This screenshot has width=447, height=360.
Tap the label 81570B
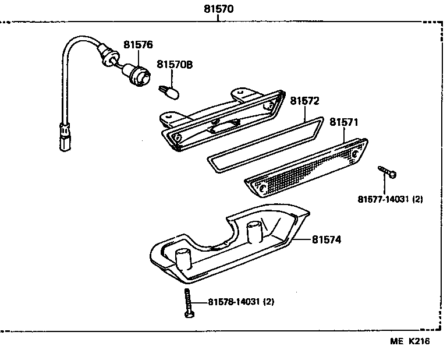pos(176,65)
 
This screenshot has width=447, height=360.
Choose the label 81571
pos(343,122)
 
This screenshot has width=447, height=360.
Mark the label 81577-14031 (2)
pos(390,199)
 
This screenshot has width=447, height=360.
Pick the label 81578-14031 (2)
pos(240,302)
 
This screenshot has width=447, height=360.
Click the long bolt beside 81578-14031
pos(188,302)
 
